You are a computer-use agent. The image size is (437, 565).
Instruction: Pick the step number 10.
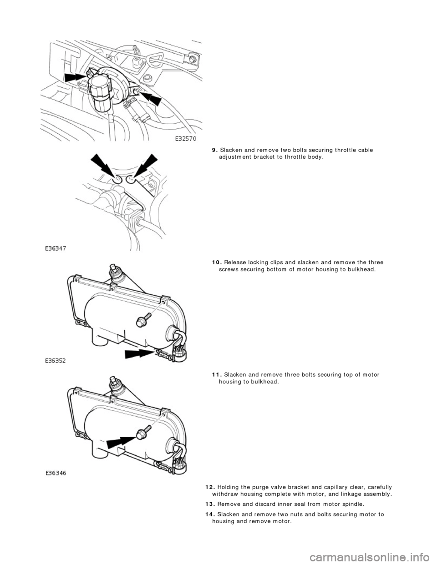pos(217,262)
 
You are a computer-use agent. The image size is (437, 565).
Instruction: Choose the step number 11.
pos(217,374)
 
